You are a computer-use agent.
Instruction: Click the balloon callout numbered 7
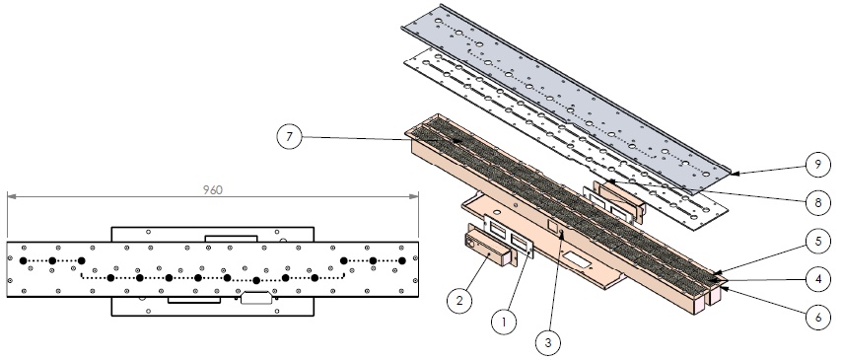coord(290,137)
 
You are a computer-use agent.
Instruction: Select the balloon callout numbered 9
coord(817,165)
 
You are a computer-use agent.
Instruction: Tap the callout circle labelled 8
coord(817,202)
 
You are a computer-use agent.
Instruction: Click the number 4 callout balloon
coord(817,280)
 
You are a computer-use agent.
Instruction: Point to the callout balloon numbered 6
coord(817,318)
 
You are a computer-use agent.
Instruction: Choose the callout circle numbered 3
coord(548,342)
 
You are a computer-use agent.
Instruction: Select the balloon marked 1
coord(504,322)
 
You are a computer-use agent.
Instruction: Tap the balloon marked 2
coord(459,301)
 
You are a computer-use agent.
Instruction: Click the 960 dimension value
coord(213,189)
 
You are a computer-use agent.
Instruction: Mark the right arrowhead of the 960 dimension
coord(413,196)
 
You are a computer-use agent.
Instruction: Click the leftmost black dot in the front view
coord(23,261)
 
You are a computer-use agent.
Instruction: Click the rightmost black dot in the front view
coord(401,261)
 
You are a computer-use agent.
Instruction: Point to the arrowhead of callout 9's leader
coord(736,173)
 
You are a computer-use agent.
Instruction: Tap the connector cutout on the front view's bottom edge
coord(255,297)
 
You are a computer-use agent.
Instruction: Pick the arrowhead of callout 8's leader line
coord(611,182)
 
